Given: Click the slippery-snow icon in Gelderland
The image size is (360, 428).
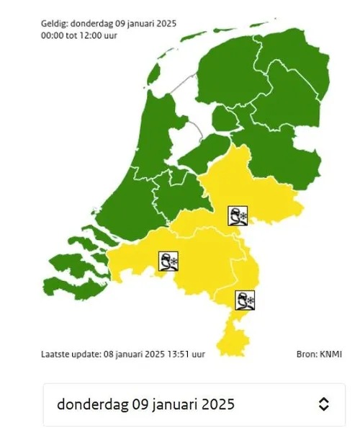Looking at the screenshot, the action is (x=238, y=215).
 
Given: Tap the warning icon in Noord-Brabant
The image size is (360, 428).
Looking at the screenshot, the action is (x=168, y=262).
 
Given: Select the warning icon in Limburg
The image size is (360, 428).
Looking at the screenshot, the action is (x=246, y=300).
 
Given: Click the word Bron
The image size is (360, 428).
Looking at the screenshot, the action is (x=306, y=355).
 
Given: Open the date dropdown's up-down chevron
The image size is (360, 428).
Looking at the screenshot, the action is (x=324, y=404).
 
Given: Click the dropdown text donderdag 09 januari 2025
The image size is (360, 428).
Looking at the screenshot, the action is (x=146, y=404).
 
